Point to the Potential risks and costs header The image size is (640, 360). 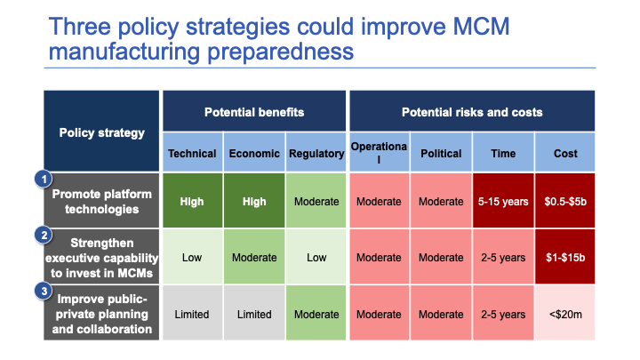[471, 112]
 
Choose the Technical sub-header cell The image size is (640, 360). [192, 153]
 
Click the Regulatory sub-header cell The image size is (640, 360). [316, 153]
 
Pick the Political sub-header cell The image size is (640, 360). [441, 153]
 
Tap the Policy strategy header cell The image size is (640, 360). [102, 132]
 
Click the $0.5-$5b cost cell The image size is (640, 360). [565, 201]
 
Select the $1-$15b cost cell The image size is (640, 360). [565, 258]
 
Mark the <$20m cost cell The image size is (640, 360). [565, 314]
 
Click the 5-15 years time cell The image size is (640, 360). [503, 201]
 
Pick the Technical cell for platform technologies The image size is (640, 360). [192, 201]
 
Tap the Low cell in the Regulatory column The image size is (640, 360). [316, 258]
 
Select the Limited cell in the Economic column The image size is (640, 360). [254, 314]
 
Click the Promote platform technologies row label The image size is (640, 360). [102, 202]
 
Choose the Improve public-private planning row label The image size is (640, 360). [102, 314]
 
